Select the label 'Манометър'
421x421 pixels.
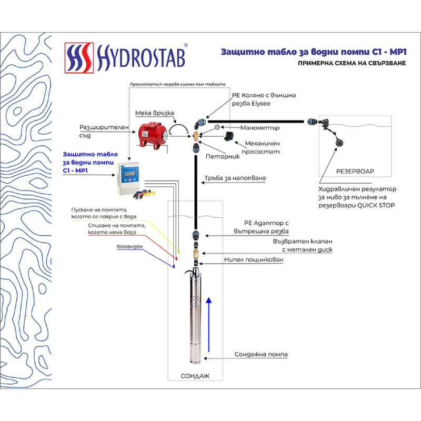(x=259, y=128)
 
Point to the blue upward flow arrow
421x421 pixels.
(x=209, y=324)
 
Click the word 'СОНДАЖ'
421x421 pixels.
(x=195, y=376)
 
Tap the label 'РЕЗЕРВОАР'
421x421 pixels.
(x=356, y=172)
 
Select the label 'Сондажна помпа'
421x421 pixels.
(x=261, y=355)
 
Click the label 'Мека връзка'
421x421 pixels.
(x=154, y=113)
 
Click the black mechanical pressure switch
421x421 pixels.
(x=228, y=136)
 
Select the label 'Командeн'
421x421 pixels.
(x=129, y=246)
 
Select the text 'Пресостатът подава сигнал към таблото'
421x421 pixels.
(x=177, y=84)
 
